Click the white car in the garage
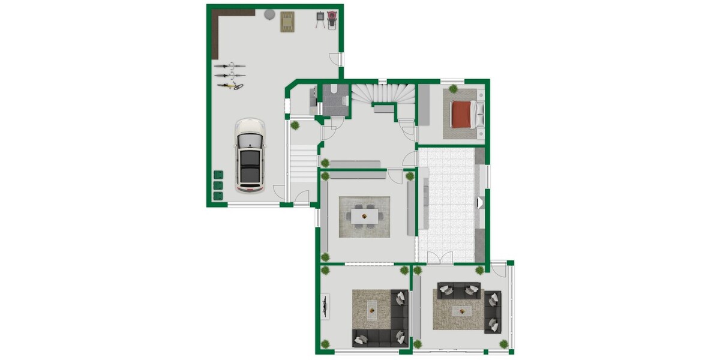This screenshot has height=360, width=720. coord(250,155)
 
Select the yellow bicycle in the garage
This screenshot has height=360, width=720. coord(230,86)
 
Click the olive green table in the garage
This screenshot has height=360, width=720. coord(288,22)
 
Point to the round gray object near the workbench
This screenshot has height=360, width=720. coord(269,13)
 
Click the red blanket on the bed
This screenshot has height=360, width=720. coord(461,114)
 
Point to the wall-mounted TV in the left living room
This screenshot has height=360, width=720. coord(325,307)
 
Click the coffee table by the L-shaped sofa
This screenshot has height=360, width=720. coord(371,310)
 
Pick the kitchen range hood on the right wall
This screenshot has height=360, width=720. coord(479,203)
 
